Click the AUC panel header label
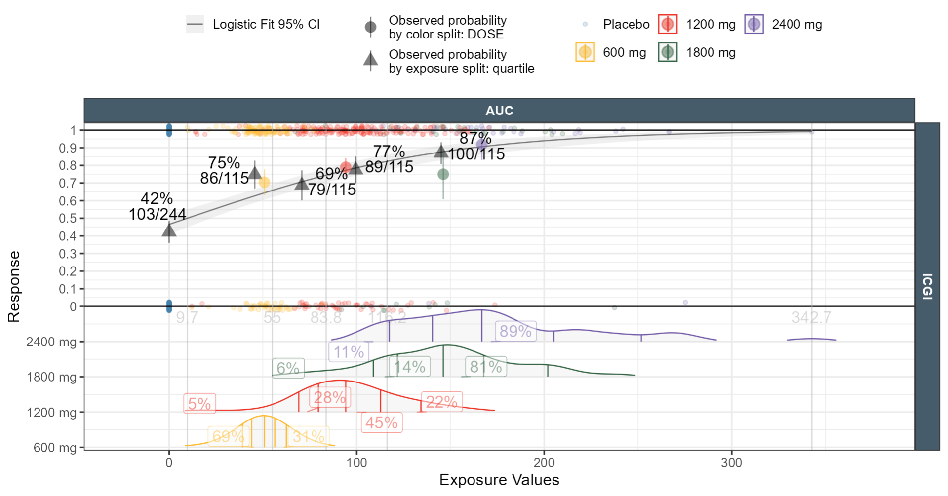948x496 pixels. (x=499, y=111)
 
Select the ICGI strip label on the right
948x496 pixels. (x=927, y=286)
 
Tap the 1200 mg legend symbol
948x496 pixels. (x=668, y=24)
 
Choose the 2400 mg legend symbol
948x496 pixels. (x=754, y=24)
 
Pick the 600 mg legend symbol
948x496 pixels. (x=585, y=52)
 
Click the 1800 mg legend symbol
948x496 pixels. (x=668, y=52)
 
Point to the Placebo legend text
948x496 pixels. (x=626, y=24)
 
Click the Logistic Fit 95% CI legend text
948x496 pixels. (x=266, y=24)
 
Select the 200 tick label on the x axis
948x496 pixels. (x=544, y=463)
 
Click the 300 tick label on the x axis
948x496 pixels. (x=731, y=463)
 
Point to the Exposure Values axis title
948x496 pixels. (x=499, y=480)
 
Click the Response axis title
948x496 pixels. (x=14, y=286)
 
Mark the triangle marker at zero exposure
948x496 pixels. (x=169, y=230)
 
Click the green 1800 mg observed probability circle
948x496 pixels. (x=443, y=174)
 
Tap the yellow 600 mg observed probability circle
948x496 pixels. (x=264, y=183)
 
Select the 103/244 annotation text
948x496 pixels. (x=157, y=214)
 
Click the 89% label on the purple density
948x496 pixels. (x=515, y=331)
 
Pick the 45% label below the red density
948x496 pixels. (x=382, y=423)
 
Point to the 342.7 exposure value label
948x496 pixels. (x=811, y=317)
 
